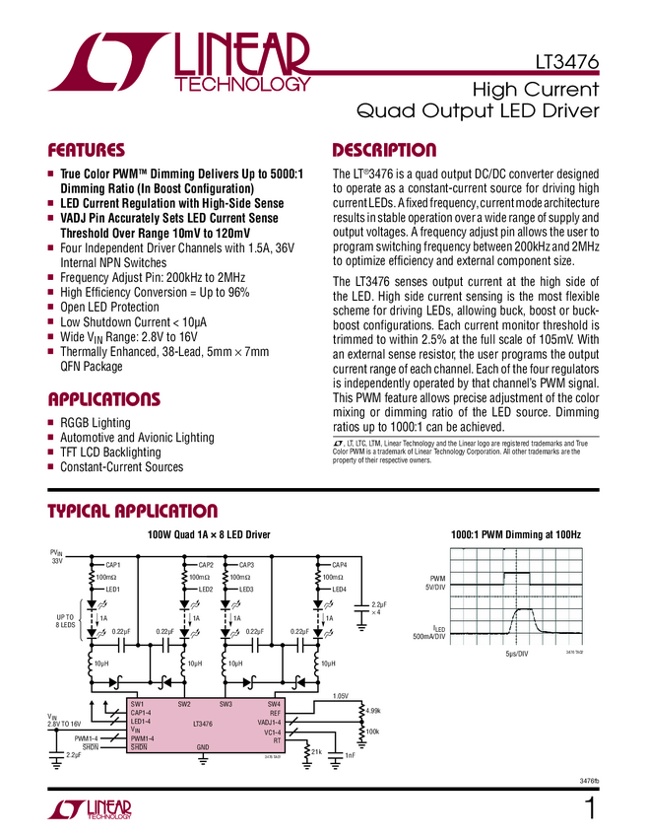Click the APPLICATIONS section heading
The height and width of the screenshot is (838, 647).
click(104, 399)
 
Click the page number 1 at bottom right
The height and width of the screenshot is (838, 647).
click(590, 809)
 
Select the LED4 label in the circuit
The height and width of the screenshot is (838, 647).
click(339, 589)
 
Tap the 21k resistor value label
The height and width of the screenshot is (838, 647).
click(317, 752)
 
